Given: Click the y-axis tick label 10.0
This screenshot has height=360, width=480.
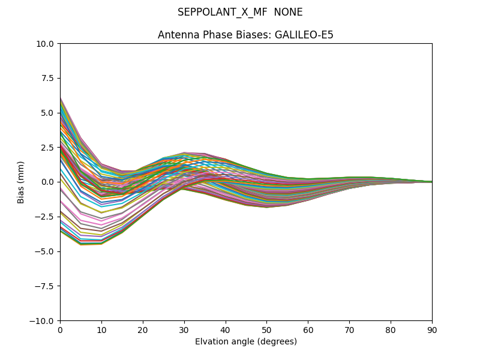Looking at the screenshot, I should [47, 43].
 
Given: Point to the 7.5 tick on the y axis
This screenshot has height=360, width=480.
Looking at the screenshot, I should [49, 78].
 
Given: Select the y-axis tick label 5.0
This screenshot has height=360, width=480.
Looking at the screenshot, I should [49, 113].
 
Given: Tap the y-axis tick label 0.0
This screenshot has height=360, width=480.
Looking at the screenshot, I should [49, 182].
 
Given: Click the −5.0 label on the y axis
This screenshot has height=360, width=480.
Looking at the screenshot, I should [46, 251].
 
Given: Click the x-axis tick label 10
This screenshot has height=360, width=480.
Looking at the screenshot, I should [101, 330].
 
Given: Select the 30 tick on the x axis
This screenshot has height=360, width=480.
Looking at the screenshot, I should [184, 330].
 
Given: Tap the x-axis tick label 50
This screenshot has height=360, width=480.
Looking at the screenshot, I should [266, 330].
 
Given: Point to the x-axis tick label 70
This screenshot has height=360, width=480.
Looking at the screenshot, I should [349, 330].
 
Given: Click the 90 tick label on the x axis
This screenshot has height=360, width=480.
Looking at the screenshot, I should [432, 330].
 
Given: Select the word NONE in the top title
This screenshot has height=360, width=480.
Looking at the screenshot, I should [288, 13].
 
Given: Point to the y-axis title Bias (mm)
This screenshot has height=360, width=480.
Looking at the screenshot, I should [21, 182].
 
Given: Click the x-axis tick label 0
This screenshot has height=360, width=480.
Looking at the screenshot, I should [60, 330].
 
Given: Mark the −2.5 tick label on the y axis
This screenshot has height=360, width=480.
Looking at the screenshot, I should [46, 217].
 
